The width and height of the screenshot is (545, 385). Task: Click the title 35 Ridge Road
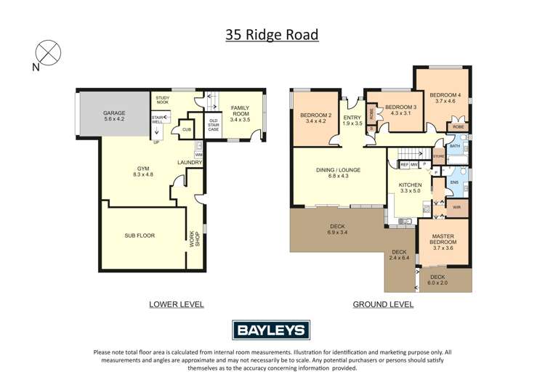pos(271,34)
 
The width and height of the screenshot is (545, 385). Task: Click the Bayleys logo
pos(271,330)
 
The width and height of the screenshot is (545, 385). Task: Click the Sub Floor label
pos(139,235)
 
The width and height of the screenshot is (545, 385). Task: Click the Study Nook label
pos(162,100)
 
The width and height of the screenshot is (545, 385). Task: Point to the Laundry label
pos(190,162)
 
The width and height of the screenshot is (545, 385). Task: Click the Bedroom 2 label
pos(317,118)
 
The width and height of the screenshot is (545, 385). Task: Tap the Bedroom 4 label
pos(445,98)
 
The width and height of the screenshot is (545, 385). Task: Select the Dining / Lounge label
pos(339,173)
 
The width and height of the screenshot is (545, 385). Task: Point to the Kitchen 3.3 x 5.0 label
pos(410,189)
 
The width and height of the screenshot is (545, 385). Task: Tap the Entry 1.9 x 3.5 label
pos(352,121)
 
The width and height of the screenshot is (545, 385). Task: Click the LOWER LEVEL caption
pos(176,304)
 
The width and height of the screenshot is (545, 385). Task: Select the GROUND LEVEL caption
pos(383,304)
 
